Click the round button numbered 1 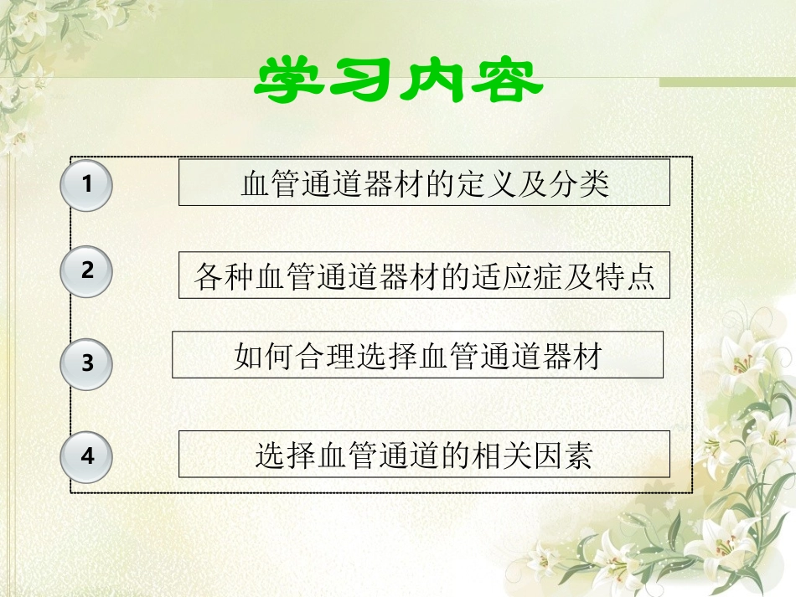coord(86,185)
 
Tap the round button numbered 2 coord(86,271)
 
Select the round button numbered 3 coord(86,364)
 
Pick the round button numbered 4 coord(86,457)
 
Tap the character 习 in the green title coord(361,81)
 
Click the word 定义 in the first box coord(496,183)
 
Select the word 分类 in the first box coord(590,183)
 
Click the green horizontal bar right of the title coord(726,82)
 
